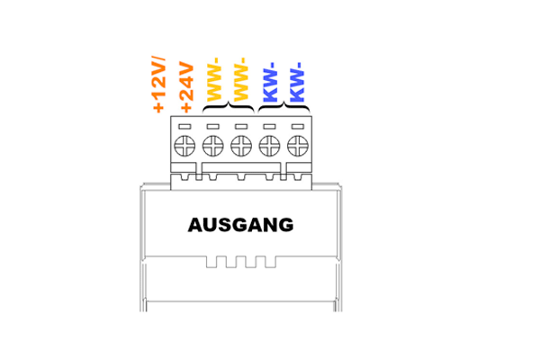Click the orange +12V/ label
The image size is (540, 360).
tap(158, 85)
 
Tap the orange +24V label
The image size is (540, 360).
tap(186, 87)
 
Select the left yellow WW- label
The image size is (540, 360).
tap(213, 79)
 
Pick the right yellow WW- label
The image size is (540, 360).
tap(240, 79)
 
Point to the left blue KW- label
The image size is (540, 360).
tap(270, 82)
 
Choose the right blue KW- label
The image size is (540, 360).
tap(297, 82)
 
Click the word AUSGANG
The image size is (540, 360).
tap(240, 225)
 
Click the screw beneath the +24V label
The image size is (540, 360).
tap(184, 146)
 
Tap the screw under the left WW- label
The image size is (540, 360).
tap(212, 146)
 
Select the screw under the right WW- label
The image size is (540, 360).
tap(241, 146)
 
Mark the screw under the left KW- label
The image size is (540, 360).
tap(269, 146)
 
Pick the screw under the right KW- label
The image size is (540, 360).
tap(298, 146)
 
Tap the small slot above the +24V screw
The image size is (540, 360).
tap(184, 127)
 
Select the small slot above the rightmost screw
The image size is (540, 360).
tap(298, 127)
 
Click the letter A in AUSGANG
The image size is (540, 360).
tap(195, 225)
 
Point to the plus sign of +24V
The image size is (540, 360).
tap(186, 107)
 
